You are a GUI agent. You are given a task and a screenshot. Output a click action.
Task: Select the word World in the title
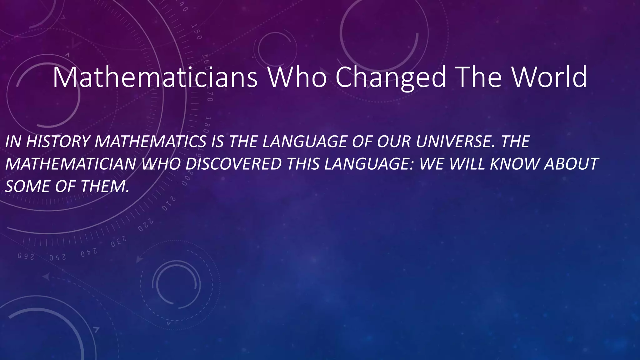549,77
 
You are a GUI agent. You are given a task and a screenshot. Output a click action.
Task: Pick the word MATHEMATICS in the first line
150,142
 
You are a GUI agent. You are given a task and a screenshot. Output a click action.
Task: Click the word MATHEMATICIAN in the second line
70,164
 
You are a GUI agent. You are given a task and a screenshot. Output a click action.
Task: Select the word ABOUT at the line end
571,164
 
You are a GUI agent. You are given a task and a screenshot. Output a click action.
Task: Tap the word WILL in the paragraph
467,164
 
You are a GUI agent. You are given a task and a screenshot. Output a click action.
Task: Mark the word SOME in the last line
27,187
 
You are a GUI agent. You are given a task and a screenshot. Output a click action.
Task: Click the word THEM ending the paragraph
104,187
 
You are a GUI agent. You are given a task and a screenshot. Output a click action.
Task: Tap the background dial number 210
169,203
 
